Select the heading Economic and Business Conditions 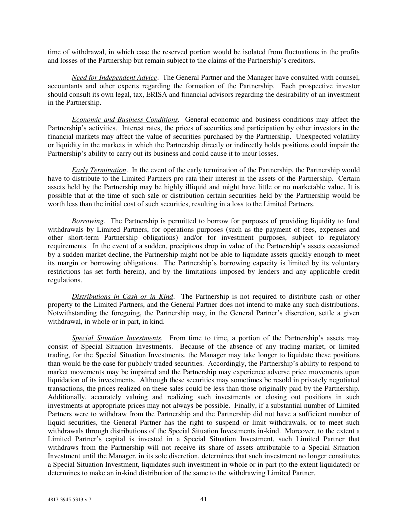click(x=125, y=120)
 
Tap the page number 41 click(x=203, y=498)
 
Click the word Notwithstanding click(x=72, y=313)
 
